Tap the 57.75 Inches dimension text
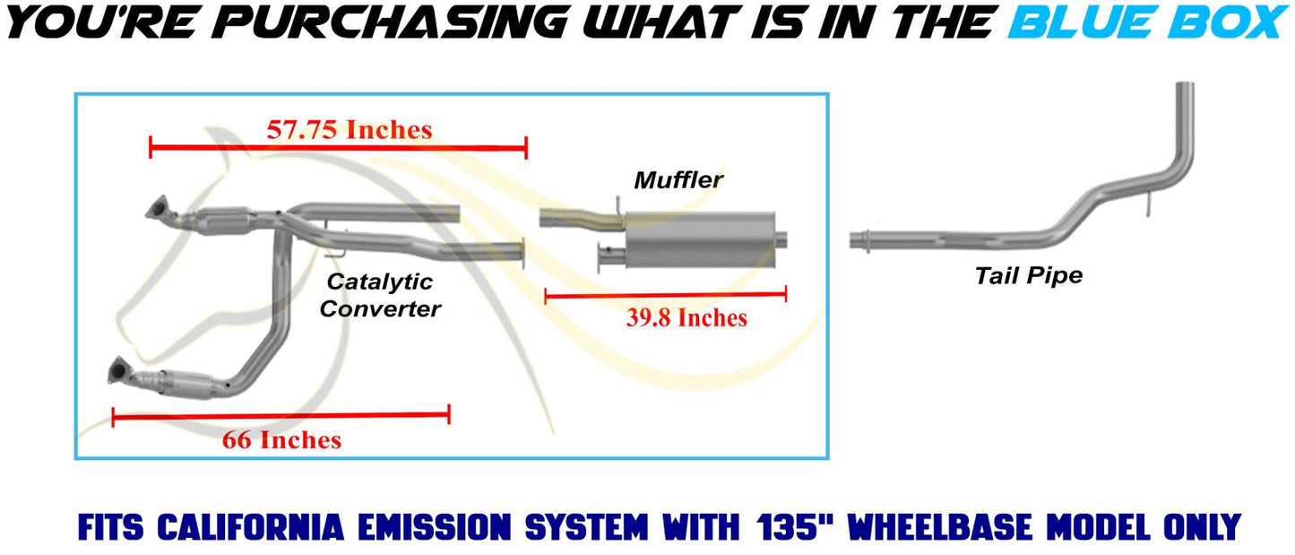click(x=350, y=129)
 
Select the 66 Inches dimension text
click(x=281, y=440)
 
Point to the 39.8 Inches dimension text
click(x=686, y=317)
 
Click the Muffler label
click(x=678, y=180)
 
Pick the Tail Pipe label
click(x=1029, y=275)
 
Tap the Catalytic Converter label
click(x=380, y=295)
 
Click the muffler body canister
click(x=700, y=238)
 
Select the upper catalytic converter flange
click(x=157, y=208)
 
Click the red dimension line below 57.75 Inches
click(x=338, y=148)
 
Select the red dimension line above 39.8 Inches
click(x=665, y=296)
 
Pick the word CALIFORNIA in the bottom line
click(x=251, y=527)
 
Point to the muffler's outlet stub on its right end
click(x=781, y=240)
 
